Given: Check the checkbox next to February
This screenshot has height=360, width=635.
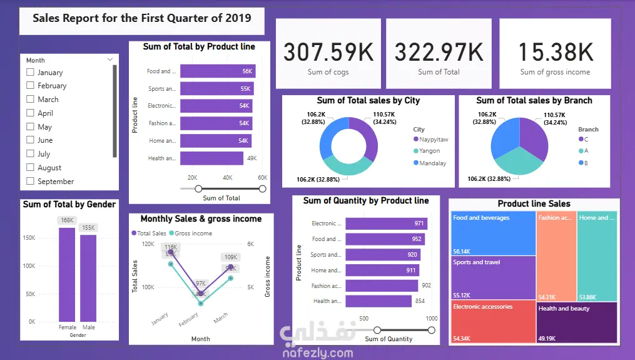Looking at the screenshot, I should click(30, 86).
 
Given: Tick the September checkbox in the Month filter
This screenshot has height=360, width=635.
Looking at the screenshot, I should click(30, 182).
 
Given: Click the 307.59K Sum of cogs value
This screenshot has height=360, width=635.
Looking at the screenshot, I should click(328, 52).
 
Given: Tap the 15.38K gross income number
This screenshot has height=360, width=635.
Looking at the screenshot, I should click(556, 52).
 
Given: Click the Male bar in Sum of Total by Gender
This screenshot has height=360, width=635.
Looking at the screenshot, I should click(88, 278).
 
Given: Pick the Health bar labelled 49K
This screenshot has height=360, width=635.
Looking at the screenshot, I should click(212, 158).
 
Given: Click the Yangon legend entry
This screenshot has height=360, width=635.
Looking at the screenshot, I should click(429, 151).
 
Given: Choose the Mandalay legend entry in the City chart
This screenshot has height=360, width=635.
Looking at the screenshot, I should click(432, 163).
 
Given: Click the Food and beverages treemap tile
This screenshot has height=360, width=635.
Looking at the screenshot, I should click(493, 233).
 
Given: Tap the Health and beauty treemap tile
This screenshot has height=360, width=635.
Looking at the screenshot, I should click(577, 321).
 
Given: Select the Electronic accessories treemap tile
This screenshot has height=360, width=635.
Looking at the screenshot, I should click(493, 321).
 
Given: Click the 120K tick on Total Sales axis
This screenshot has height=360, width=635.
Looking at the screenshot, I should click(148, 244).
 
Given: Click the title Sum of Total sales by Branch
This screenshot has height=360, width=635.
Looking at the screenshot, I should click(534, 100).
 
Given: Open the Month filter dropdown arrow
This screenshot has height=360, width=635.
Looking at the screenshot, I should click(110, 60).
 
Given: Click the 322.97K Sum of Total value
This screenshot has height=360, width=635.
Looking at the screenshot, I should click(439, 52).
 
